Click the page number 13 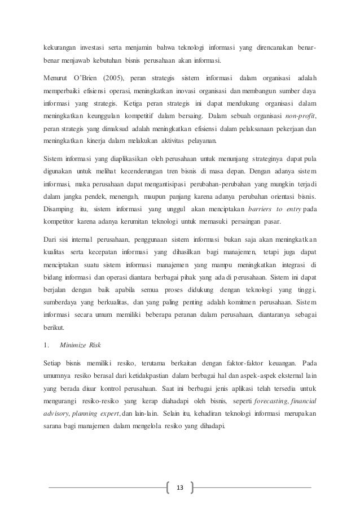point(180,487)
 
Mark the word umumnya point(59,374)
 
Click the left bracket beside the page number point(168,487)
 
